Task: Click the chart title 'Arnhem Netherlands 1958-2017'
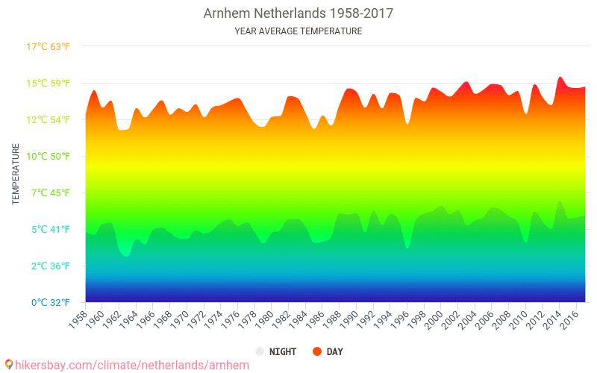298,13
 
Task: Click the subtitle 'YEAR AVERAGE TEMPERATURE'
298,31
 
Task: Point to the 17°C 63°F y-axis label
49,47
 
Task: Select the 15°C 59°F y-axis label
49,83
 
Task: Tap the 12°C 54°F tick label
49,119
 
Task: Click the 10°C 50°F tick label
49,156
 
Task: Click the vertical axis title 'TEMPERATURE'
16,175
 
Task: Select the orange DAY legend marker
317,351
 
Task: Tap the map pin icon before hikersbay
9,364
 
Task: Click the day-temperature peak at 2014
560,77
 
